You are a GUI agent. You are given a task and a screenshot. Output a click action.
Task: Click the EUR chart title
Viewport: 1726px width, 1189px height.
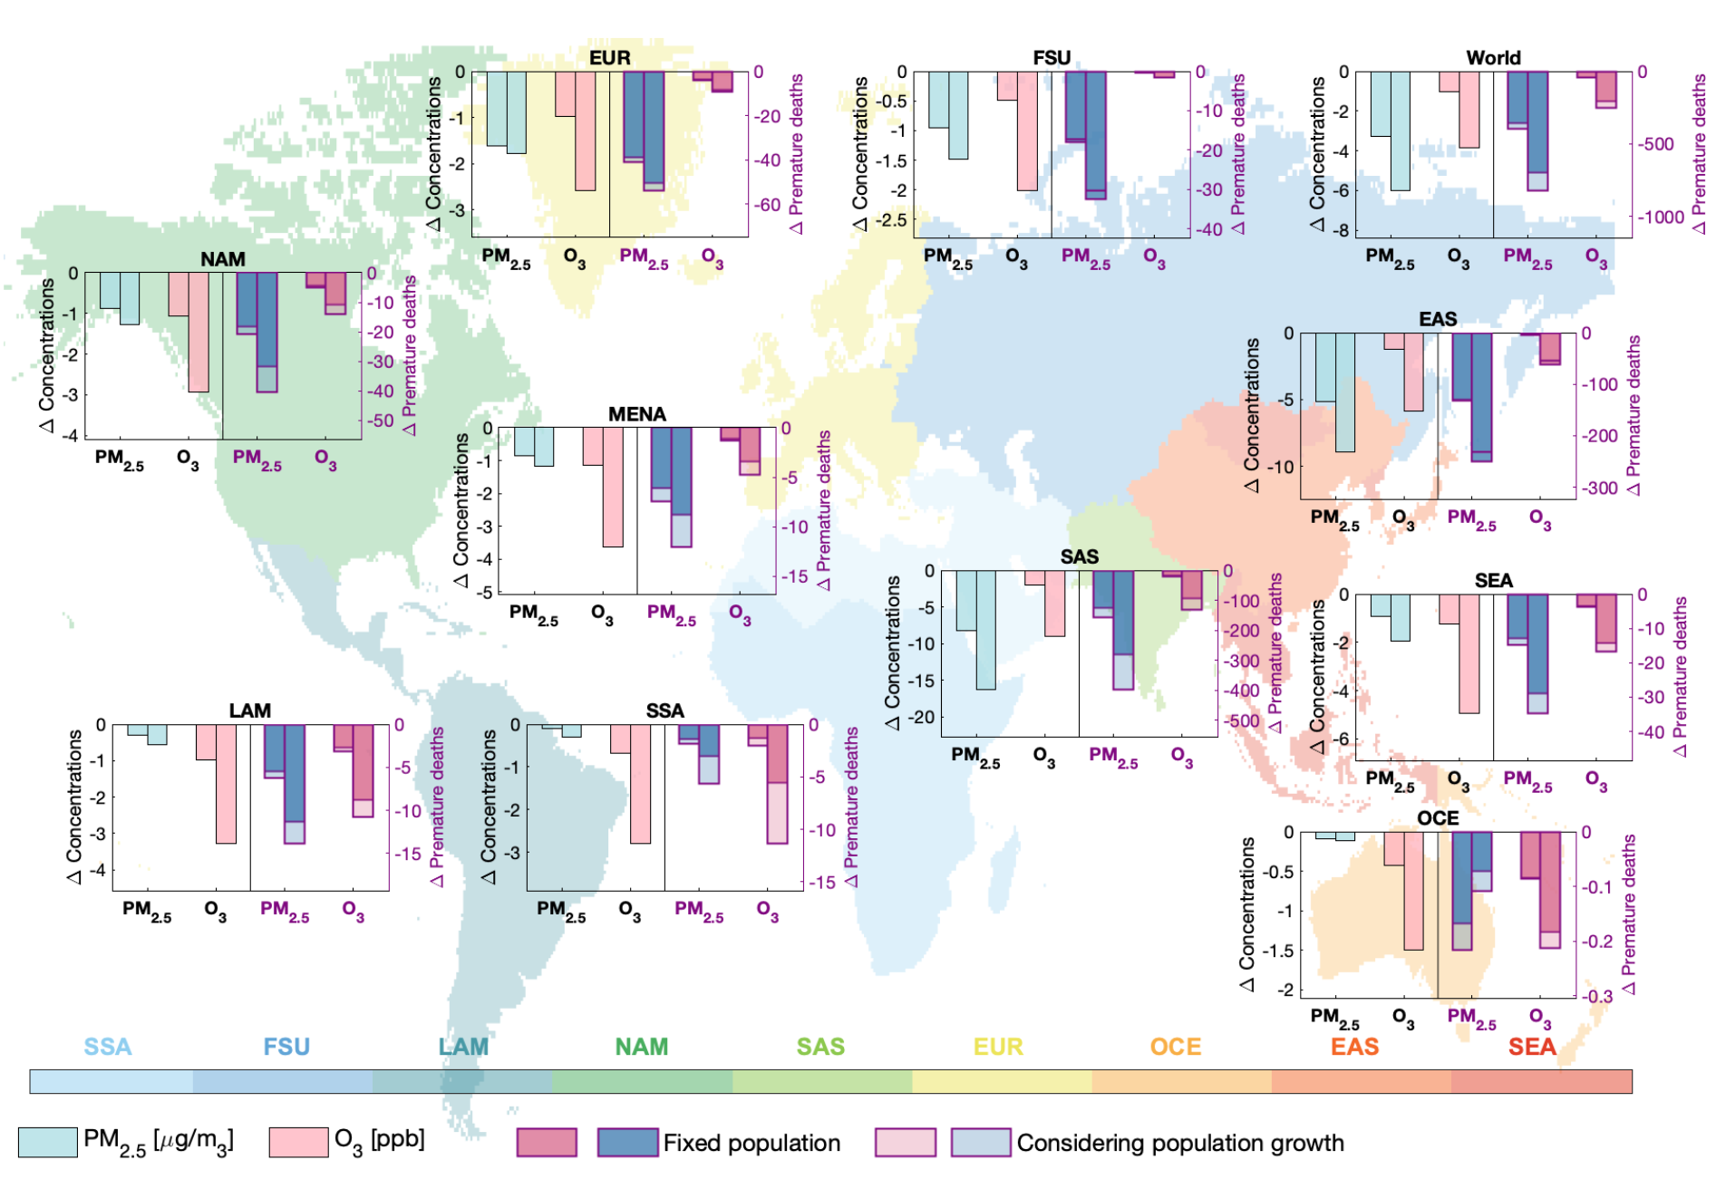(609, 58)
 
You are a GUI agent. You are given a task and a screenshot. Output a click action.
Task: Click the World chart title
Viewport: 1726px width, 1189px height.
(1493, 58)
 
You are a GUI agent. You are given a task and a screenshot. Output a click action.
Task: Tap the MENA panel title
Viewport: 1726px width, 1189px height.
(636, 414)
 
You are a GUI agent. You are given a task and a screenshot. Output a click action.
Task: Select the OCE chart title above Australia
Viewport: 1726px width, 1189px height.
(1438, 818)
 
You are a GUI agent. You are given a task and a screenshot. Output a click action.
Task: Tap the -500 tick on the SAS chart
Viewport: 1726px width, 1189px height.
(1243, 721)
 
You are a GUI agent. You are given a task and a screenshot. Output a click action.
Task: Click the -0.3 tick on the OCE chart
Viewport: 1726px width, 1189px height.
(1597, 996)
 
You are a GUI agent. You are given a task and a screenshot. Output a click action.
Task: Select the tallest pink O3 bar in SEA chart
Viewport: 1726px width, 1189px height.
(1469, 653)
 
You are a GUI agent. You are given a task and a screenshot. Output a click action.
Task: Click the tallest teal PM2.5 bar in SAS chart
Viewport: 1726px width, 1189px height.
(985, 630)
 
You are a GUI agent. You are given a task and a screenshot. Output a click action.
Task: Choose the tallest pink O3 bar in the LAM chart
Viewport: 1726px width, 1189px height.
(226, 784)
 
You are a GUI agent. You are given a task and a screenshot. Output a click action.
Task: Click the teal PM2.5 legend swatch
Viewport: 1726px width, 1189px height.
(47, 1142)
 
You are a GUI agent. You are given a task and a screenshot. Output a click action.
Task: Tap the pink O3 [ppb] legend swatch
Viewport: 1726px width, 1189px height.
(298, 1142)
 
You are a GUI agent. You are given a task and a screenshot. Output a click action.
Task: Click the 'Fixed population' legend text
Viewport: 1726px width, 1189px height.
(751, 1143)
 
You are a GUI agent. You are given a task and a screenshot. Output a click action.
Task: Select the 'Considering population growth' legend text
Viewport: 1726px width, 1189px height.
(1180, 1143)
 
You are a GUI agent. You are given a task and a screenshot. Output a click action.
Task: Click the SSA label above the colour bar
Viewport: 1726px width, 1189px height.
(108, 1047)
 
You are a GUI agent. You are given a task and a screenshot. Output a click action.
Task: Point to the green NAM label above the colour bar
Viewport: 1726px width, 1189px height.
(642, 1047)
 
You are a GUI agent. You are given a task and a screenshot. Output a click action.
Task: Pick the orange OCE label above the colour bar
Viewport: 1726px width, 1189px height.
(1176, 1047)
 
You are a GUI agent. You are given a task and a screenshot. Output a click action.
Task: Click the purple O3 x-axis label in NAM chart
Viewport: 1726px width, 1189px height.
(325, 459)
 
